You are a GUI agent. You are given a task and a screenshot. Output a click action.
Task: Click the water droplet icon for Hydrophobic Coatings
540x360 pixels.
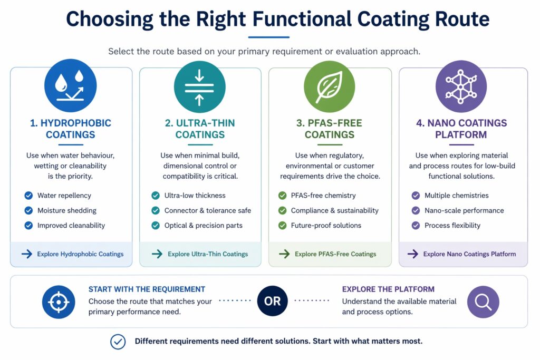pos(71,85)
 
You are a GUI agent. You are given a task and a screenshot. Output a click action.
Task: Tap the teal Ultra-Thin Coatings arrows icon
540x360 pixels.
pos(200,85)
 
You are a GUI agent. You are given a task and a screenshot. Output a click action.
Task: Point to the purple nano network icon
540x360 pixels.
pos(461,85)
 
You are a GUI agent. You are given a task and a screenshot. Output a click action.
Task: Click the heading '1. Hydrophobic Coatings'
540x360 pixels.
pos(71,129)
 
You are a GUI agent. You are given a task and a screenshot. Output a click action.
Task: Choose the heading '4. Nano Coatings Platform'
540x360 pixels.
pos(461,129)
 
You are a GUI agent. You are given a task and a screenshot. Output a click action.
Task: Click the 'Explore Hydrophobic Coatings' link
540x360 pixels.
pos(80,254)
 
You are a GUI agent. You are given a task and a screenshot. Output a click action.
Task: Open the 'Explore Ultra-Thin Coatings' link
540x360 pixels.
pos(207,254)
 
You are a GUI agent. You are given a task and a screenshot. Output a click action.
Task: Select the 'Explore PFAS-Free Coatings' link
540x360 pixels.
pos(335,254)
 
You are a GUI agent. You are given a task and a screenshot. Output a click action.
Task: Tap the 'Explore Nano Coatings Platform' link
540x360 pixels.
pos(469,254)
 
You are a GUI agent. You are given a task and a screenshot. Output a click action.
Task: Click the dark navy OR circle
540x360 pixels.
pos(273,301)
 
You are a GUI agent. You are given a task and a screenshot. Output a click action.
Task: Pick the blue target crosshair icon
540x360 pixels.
pos(59,302)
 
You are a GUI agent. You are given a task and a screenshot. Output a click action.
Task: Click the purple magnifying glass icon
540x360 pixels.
pos(483,301)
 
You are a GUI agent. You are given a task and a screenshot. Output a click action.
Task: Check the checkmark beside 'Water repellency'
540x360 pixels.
pos(28,196)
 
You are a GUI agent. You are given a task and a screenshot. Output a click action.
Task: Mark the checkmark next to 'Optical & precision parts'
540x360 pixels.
pos(156,225)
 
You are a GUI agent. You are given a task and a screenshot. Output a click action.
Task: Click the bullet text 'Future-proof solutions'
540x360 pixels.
pos(326,225)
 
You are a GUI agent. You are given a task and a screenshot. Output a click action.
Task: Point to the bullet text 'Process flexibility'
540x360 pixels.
pos(452,225)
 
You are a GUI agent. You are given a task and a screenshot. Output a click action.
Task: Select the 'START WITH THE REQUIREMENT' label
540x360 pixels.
pos(147,289)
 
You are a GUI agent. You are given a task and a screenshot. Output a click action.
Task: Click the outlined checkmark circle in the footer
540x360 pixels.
pos(118,342)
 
